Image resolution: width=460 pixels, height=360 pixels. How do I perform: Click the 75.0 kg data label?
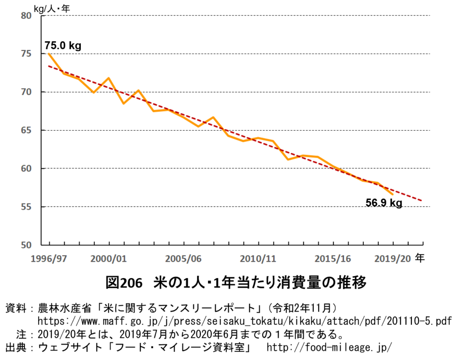click(x=63, y=45)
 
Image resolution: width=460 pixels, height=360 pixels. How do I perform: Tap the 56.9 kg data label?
click(x=384, y=203)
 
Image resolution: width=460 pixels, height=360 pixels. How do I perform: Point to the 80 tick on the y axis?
click(x=27, y=16)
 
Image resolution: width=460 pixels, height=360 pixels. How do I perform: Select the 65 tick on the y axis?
click(x=27, y=130)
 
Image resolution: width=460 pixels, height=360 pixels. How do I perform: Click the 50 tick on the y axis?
click(x=27, y=245)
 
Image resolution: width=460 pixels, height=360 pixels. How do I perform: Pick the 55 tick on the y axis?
click(x=27, y=207)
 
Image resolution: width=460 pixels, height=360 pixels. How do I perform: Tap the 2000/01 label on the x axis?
click(x=109, y=259)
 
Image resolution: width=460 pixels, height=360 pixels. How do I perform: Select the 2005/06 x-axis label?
click(x=183, y=259)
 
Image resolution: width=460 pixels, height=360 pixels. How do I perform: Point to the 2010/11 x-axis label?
click(x=258, y=259)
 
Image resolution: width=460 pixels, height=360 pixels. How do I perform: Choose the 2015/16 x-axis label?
click(x=333, y=259)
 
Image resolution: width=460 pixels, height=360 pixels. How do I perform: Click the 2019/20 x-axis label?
click(x=393, y=259)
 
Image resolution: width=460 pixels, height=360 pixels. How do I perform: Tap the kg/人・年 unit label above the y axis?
click(x=52, y=7)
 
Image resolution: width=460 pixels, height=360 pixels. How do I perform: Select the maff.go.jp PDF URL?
click(x=244, y=321)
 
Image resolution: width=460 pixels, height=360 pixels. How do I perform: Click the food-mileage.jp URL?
click(x=329, y=347)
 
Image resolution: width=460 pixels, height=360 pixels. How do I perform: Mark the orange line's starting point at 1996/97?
click(x=49, y=54)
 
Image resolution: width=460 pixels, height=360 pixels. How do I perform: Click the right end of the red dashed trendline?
click(x=422, y=200)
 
